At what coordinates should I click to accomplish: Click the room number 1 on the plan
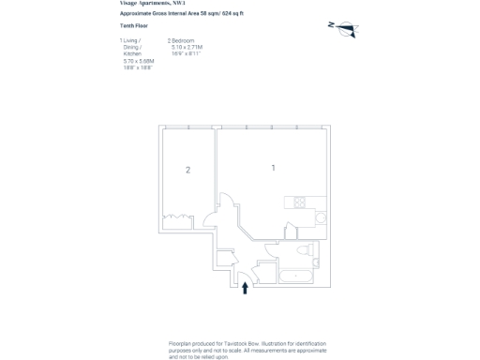pyautogui.click(x=273, y=168)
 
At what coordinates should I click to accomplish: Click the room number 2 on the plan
pyautogui.click(x=187, y=170)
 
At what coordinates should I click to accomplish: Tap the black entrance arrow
pyautogui.click(x=246, y=288)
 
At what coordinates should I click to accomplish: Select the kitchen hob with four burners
pyautogui.click(x=300, y=202)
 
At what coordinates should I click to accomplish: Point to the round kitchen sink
pyautogui.click(x=320, y=217)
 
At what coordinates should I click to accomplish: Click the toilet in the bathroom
pyautogui.click(x=302, y=250)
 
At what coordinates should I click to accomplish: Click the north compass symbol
pyautogui.click(x=343, y=28)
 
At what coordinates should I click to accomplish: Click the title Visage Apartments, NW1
pyautogui.click(x=153, y=4)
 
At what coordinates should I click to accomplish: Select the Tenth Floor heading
pyautogui.click(x=134, y=26)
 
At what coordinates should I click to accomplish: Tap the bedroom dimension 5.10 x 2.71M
pyautogui.click(x=187, y=47)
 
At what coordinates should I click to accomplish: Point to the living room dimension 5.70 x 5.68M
pyautogui.click(x=138, y=61)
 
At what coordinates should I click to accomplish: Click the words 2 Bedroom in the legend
pyautogui.click(x=182, y=40)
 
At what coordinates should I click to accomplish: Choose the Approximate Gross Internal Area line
pyautogui.click(x=181, y=14)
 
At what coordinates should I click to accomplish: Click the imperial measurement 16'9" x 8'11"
pyautogui.click(x=186, y=53)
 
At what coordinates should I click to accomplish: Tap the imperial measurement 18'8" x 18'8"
pyautogui.click(x=138, y=67)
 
